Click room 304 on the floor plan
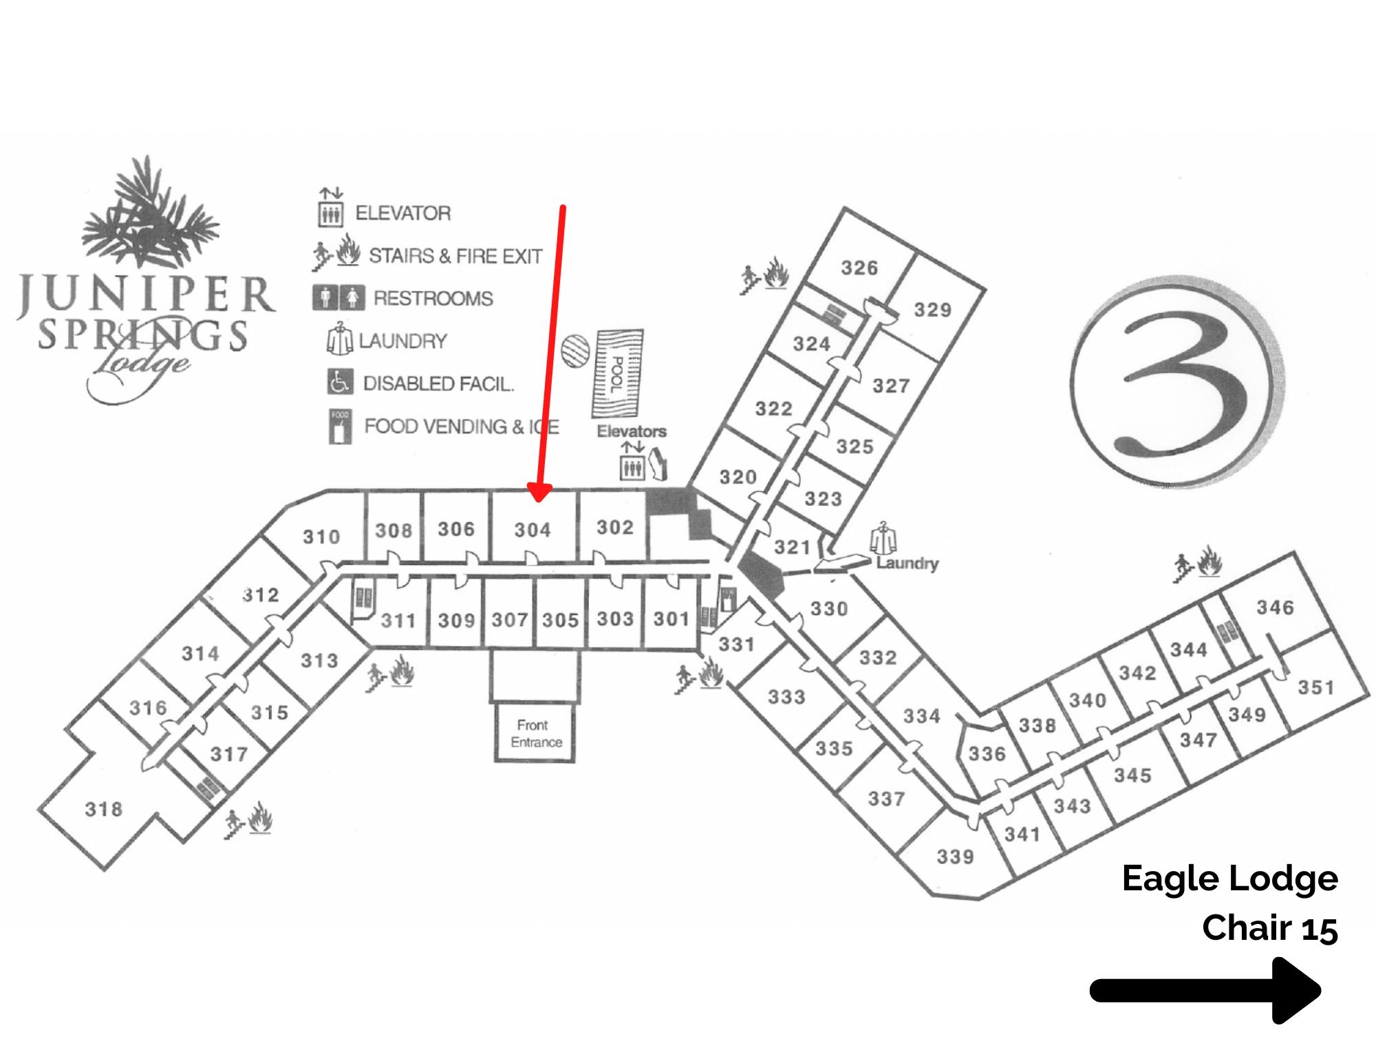point(533,530)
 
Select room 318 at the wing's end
point(103,809)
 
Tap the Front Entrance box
point(535,733)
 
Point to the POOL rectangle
point(617,374)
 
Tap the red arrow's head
point(539,492)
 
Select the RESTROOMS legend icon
point(338,298)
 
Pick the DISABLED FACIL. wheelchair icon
point(340,383)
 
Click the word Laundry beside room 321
point(907,563)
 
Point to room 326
point(859,268)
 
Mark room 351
point(1315,687)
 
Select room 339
point(955,857)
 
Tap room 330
point(828,608)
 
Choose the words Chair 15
point(1269,928)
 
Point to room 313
point(319,661)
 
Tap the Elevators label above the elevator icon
point(631,431)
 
